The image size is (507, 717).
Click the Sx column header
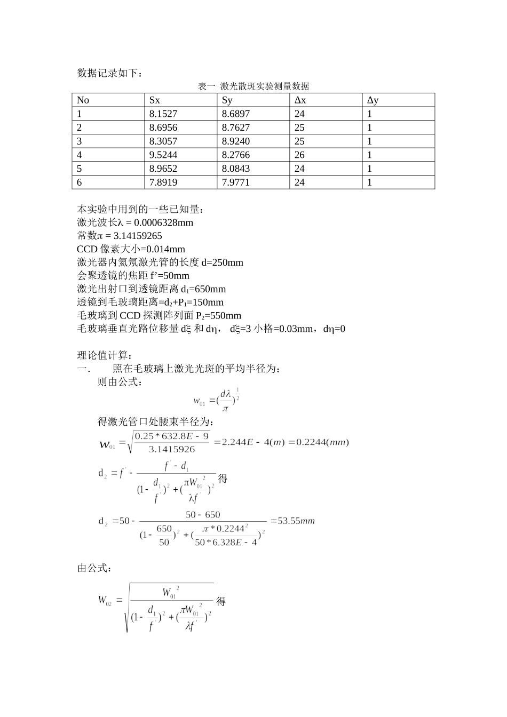(x=155, y=100)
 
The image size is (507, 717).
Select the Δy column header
(x=373, y=100)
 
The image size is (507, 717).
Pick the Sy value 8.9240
(x=236, y=141)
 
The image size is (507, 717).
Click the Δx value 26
(x=299, y=155)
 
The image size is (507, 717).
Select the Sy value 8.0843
(x=236, y=169)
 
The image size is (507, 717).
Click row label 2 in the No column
(x=80, y=128)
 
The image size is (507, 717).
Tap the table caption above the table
(x=253, y=86)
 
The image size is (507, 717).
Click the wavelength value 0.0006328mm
(x=163, y=223)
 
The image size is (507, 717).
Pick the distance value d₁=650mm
(x=203, y=289)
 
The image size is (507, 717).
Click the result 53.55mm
(x=297, y=521)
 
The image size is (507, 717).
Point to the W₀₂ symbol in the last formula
(x=105, y=600)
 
